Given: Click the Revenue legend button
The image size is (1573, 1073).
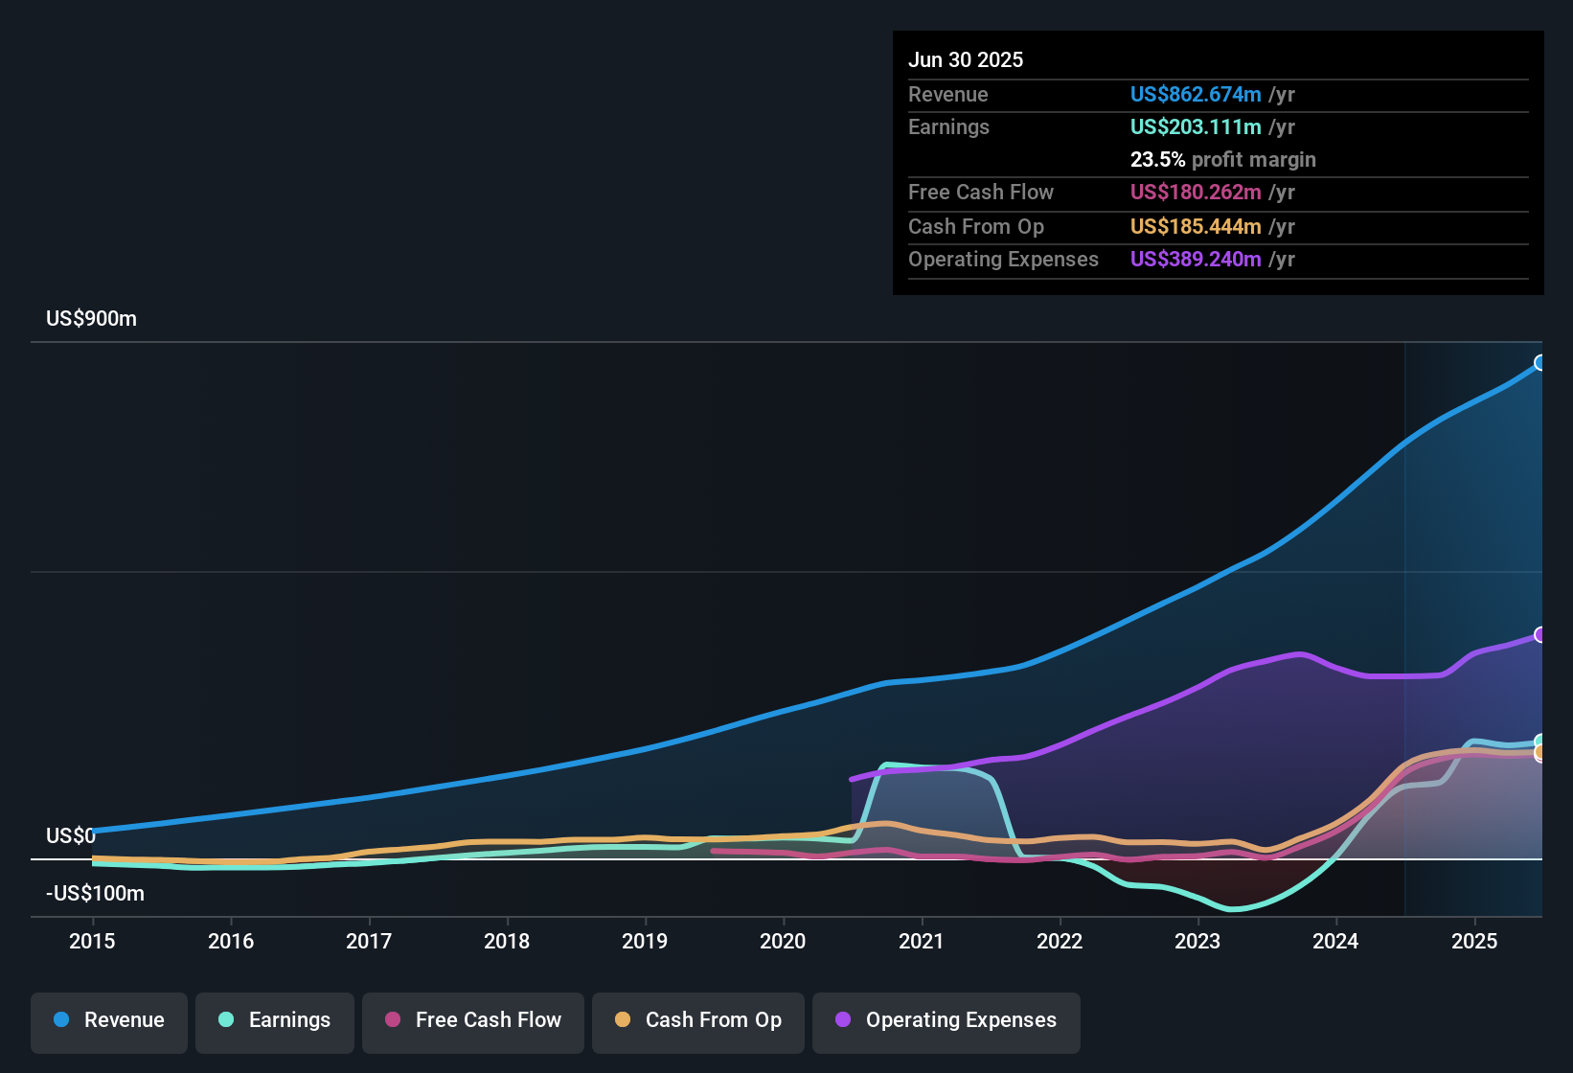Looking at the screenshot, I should click(109, 1020).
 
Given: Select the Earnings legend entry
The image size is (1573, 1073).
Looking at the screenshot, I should click(275, 1020).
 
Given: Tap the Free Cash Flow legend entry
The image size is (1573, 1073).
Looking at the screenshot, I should click(473, 1020).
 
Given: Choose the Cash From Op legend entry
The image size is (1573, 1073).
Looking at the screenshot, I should click(698, 1020).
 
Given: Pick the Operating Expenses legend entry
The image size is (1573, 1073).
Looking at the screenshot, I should click(946, 1020).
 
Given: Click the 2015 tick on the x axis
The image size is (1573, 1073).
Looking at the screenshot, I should click(92, 941).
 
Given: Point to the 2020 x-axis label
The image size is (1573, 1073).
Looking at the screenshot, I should click(783, 941).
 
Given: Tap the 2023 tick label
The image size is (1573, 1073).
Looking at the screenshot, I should click(1197, 941).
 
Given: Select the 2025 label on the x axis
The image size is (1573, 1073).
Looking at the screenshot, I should click(1473, 941).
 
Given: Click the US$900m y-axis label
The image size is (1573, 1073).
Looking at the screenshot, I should click(91, 319).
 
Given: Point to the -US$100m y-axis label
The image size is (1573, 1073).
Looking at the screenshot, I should click(95, 893).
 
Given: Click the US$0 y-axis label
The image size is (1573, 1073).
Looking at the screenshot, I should click(71, 835).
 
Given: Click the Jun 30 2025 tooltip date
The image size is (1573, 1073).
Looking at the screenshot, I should click(966, 59).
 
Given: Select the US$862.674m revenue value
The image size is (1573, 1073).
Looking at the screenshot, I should click(1195, 94).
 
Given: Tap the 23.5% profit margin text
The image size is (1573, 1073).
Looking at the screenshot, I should click(1222, 159).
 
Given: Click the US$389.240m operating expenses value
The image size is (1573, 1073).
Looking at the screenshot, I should click(1195, 259).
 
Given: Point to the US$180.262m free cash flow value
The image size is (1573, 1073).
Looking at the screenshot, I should click(1195, 192).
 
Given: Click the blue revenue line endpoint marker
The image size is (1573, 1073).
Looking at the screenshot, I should click(1540, 362).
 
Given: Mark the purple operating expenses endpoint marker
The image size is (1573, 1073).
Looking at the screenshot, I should click(1540, 634).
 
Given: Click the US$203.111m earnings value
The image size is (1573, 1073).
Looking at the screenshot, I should click(1195, 126).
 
